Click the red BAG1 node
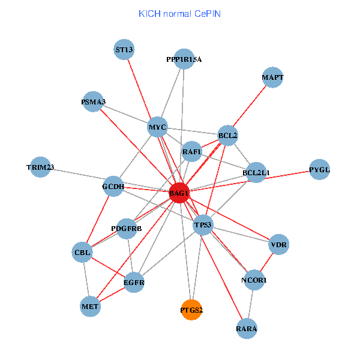point(179,193)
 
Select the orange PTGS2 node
point(191,310)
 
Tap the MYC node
point(157,127)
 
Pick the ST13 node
point(124,50)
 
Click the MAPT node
point(273,78)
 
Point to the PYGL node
point(319,170)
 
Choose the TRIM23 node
point(40,167)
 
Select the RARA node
point(247,328)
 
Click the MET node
point(91,307)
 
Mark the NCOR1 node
point(254,280)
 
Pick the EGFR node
point(134,282)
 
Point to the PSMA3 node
point(94,102)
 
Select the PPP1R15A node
point(184,59)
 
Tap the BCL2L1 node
point(256,173)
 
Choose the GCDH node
point(113,187)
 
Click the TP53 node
point(203,225)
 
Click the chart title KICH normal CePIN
point(179,13)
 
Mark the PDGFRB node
point(127,229)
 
